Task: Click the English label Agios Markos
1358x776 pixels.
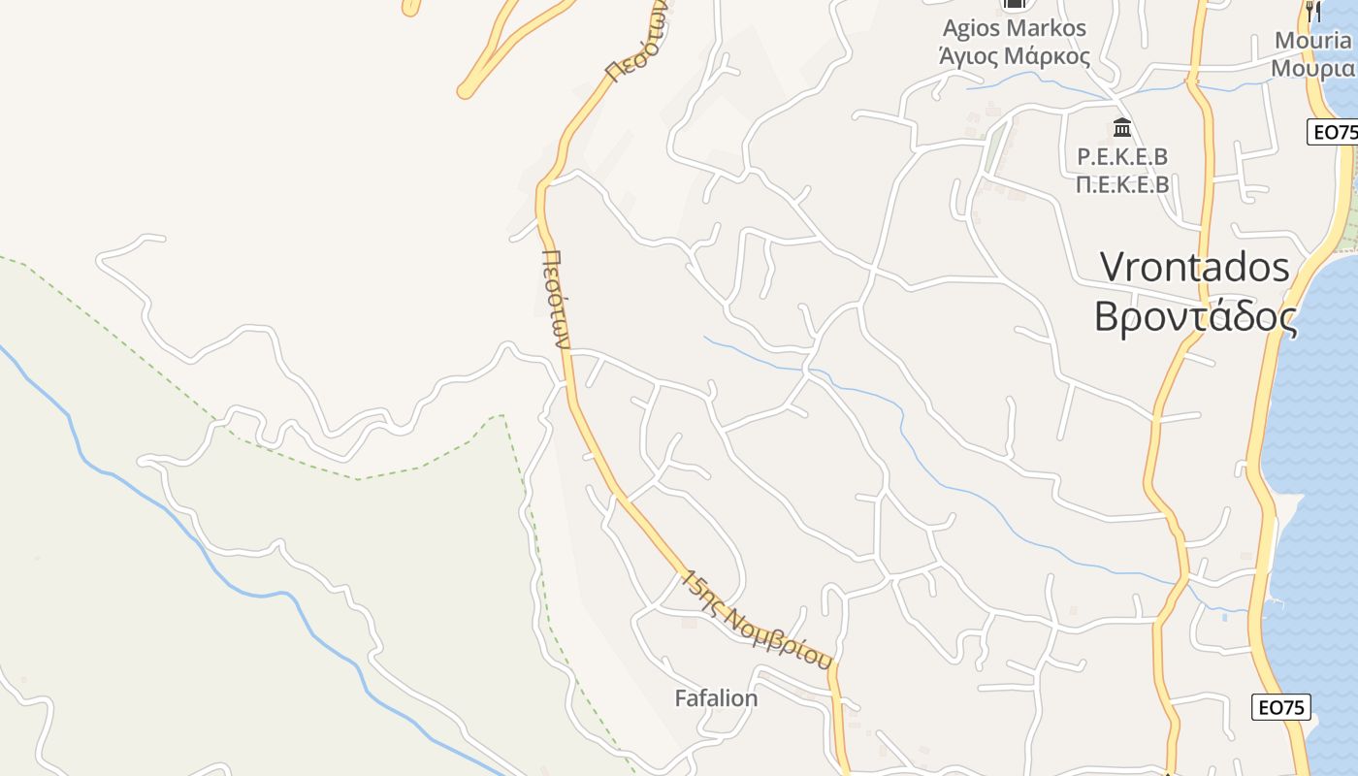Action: (1014, 28)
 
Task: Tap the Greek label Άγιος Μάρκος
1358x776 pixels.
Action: (1014, 55)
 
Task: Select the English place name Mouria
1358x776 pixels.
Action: (1312, 41)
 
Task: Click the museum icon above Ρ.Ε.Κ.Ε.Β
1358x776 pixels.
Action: (1122, 127)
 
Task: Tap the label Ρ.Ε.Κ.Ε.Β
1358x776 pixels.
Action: (1122, 156)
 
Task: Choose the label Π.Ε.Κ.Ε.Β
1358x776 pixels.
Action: (1122, 183)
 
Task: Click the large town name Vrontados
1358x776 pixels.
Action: (1195, 267)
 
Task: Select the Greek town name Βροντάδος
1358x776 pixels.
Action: (1195, 316)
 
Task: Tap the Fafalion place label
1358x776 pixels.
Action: (716, 698)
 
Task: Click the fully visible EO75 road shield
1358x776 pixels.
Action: (1280, 707)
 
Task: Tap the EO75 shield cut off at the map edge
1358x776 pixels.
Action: (1334, 132)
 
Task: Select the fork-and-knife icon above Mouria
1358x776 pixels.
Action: (1312, 11)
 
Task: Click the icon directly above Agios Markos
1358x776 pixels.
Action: (1014, 5)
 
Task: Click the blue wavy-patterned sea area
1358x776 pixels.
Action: (1319, 436)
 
